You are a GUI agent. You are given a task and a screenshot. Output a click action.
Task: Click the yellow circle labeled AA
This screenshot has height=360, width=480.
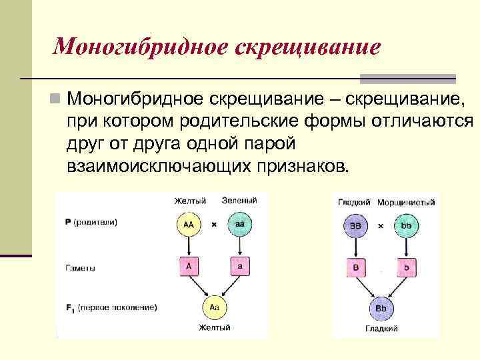pyautogui.click(x=189, y=225)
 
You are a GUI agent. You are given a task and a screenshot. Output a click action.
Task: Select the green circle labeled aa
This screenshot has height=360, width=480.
pyautogui.click(x=239, y=225)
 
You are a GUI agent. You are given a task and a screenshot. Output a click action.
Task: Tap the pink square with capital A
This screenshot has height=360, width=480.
pyautogui.click(x=189, y=267)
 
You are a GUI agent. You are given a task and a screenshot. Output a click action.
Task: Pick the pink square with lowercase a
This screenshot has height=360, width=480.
pyautogui.click(x=239, y=267)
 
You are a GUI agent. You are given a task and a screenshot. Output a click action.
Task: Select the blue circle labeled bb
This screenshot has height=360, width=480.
pyautogui.click(x=406, y=226)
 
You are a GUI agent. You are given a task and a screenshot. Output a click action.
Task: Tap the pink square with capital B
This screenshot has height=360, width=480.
pyautogui.click(x=355, y=267)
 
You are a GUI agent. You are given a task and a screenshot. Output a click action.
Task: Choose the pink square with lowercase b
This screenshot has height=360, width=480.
pyautogui.click(x=406, y=267)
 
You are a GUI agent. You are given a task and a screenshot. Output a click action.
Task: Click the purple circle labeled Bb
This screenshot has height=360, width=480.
pyautogui.click(x=381, y=309)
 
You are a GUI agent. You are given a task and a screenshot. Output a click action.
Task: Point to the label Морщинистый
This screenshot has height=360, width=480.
pyautogui.click(x=406, y=202)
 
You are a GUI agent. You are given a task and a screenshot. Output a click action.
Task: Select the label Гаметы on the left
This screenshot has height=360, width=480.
pyautogui.click(x=80, y=268)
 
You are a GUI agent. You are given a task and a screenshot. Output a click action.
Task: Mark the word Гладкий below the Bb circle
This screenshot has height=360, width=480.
pyautogui.click(x=381, y=329)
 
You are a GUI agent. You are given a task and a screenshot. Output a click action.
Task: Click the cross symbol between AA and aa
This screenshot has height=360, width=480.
pyautogui.click(x=214, y=225)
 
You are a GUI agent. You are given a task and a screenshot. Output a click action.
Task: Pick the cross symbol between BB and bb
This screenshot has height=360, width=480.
pyautogui.click(x=381, y=227)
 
